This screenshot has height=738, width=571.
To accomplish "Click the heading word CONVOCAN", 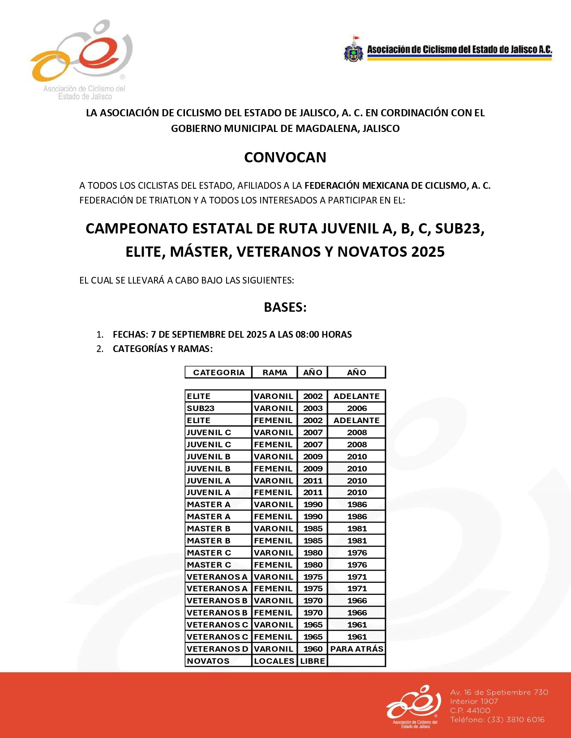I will [285, 157].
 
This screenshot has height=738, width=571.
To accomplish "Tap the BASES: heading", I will [285, 307].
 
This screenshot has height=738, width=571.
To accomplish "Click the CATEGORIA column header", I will [219, 373].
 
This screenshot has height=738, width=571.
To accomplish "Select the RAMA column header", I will [275, 373].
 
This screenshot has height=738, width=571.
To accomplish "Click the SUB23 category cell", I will [201, 408].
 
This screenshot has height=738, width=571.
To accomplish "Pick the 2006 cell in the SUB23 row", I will [356, 408].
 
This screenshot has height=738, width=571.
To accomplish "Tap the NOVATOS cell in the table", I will [208, 661].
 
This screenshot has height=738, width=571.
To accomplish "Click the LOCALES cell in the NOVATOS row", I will [274, 661].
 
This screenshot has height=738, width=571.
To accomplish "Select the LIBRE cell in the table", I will [313, 661].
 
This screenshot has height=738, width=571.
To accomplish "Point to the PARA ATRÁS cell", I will [356, 649].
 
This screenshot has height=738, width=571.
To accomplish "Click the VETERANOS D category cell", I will [217, 649].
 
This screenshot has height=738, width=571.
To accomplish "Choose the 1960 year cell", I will [313, 649].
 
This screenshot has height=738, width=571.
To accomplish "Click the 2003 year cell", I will [313, 408].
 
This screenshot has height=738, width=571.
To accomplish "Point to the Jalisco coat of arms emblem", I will [353, 50].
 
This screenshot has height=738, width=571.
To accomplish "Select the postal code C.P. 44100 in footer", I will [470, 710].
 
